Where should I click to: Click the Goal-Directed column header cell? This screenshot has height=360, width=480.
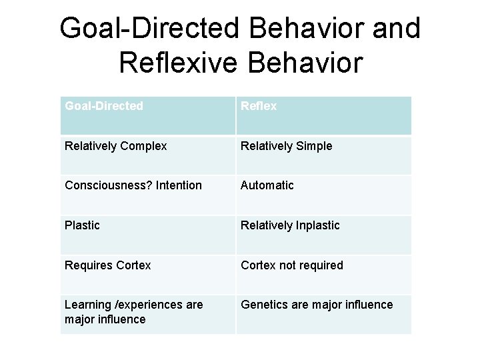[147, 115]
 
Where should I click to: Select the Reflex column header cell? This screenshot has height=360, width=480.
[323, 115]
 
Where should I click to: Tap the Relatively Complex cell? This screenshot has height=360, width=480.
[147, 155]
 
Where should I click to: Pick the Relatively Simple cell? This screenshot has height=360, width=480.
[323, 155]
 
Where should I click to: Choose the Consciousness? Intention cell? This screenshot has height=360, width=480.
[147, 195]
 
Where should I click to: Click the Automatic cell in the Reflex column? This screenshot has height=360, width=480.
[323, 195]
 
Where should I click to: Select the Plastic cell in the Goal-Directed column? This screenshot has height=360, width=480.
[147, 235]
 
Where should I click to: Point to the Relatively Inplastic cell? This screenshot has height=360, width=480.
[323, 235]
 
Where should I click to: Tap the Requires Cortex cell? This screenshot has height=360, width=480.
[147, 274]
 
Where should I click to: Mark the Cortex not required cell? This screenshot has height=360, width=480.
[323, 274]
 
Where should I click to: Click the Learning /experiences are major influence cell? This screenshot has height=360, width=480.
[147, 313]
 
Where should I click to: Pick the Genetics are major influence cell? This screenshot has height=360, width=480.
[323, 313]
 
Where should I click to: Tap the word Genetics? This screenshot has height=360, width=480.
[264, 305]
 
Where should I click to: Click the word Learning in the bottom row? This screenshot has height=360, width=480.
[87, 305]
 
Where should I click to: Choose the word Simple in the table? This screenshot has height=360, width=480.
[314, 146]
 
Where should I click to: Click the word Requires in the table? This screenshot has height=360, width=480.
[88, 265]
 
